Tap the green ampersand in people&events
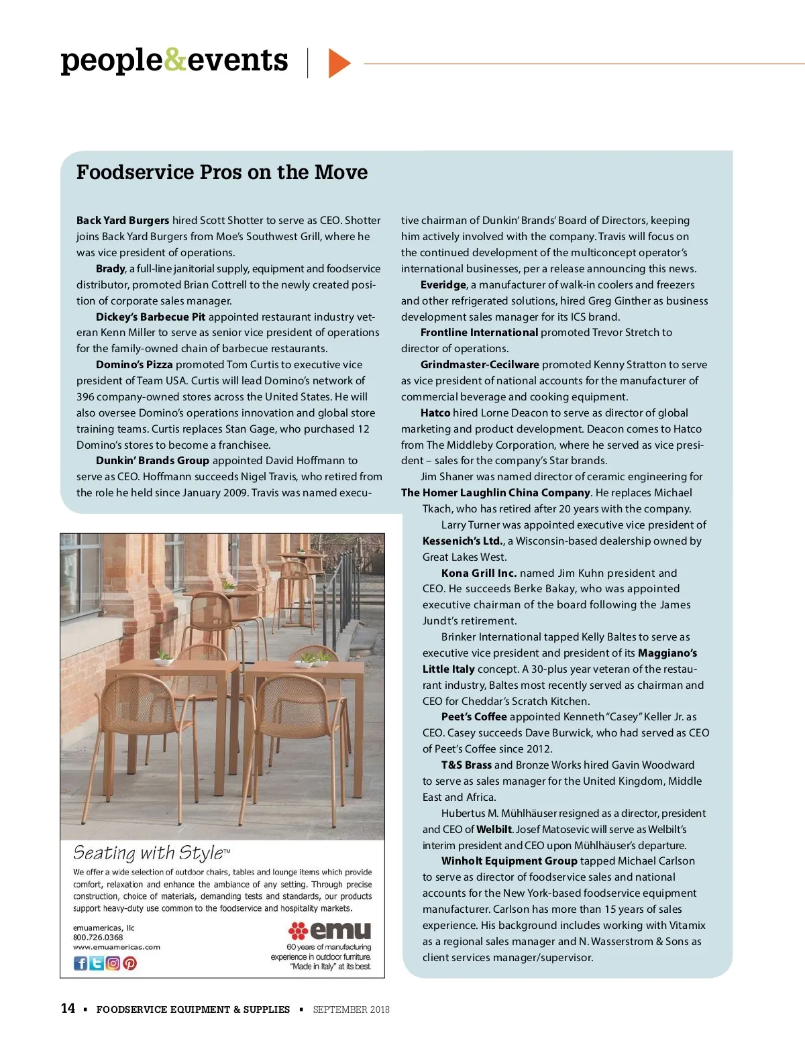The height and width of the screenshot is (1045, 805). (x=174, y=60)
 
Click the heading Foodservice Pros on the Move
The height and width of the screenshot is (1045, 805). (x=222, y=172)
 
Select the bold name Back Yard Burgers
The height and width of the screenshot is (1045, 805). (x=123, y=220)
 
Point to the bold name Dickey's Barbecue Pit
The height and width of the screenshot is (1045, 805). (x=150, y=317)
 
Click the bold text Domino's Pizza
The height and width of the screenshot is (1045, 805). (x=134, y=364)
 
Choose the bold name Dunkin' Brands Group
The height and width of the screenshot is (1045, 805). (x=152, y=460)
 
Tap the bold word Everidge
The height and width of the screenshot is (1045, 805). (x=443, y=284)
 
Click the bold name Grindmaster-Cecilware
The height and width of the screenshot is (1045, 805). (x=480, y=364)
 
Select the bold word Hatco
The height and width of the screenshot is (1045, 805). (x=435, y=412)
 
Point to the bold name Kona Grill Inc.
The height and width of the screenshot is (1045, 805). (x=479, y=573)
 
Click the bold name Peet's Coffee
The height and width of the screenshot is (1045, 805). (x=474, y=716)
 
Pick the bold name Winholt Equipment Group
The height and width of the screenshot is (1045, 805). (x=509, y=861)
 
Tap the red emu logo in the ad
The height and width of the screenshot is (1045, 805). (x=329, y=930)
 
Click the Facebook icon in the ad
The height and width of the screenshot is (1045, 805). (x=80, y=963)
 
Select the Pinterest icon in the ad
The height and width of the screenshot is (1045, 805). (x=129, y=963)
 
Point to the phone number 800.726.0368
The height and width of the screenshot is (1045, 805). (x=98, y=937)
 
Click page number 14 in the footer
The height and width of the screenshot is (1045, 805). (x=68, y=1008)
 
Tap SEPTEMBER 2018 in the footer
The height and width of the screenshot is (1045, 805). (x=351, y=1009)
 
